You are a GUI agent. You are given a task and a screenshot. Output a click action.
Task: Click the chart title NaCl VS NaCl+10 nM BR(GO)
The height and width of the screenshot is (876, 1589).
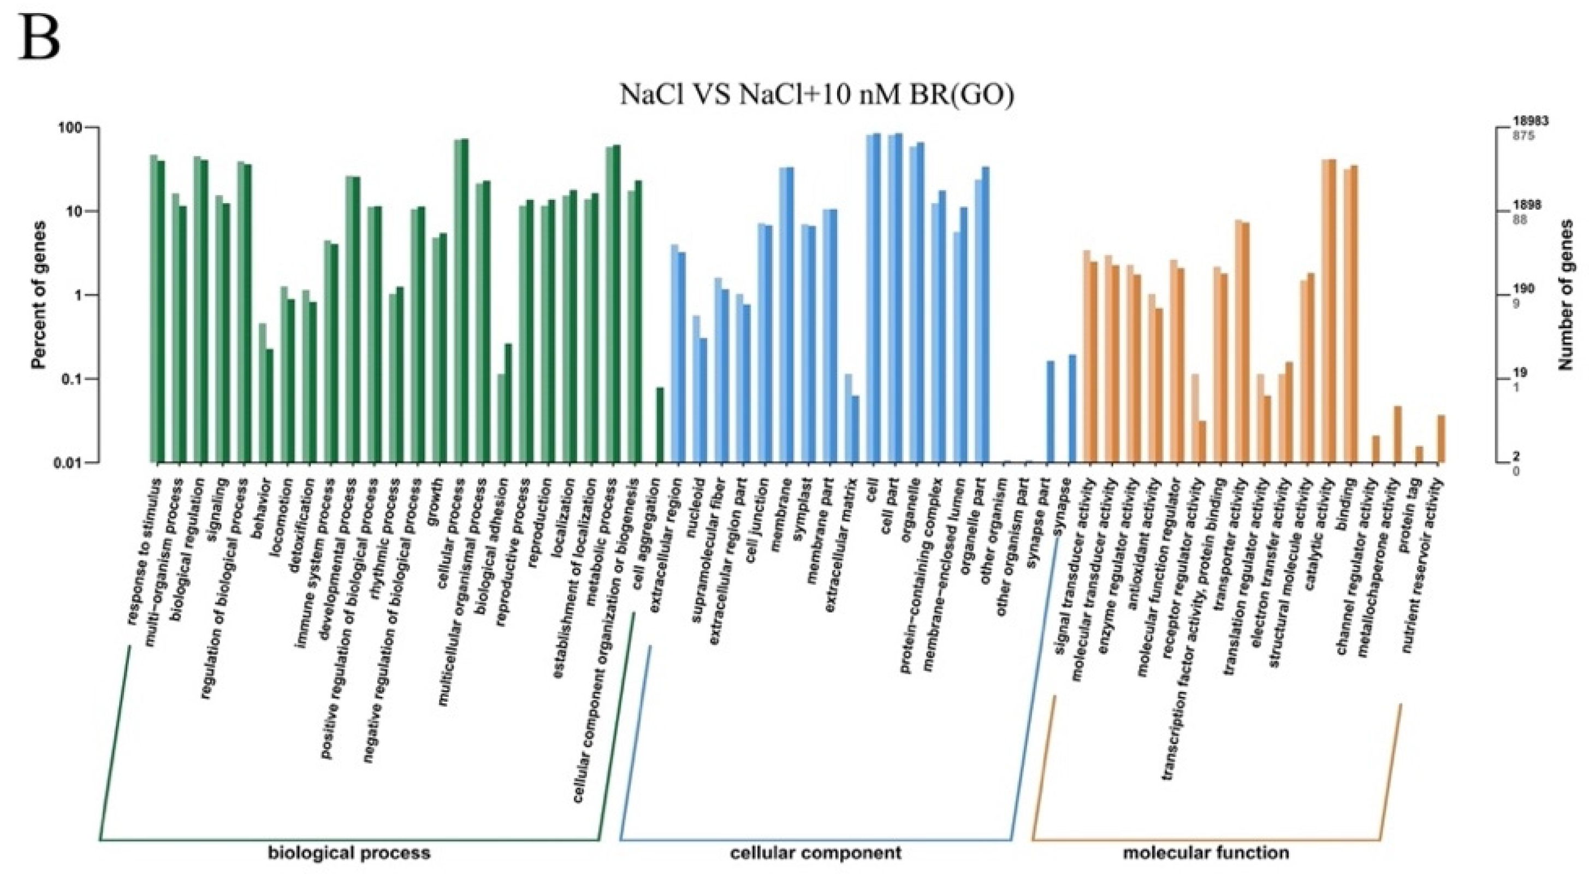(817, 97)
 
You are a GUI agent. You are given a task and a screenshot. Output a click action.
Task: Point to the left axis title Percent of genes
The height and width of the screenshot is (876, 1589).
(39, 295)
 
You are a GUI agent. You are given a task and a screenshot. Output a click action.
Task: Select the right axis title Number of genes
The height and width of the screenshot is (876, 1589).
(1567, 295)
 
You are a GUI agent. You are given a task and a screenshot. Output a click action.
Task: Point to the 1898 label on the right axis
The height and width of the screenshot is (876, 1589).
(1526, 205)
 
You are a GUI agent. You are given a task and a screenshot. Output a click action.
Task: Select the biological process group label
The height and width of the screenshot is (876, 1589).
(349, 853)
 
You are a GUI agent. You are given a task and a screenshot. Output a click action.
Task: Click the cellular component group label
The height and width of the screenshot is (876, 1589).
(815, 853)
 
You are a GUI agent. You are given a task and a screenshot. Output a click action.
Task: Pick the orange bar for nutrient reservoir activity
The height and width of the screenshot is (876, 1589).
(1442, 439)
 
